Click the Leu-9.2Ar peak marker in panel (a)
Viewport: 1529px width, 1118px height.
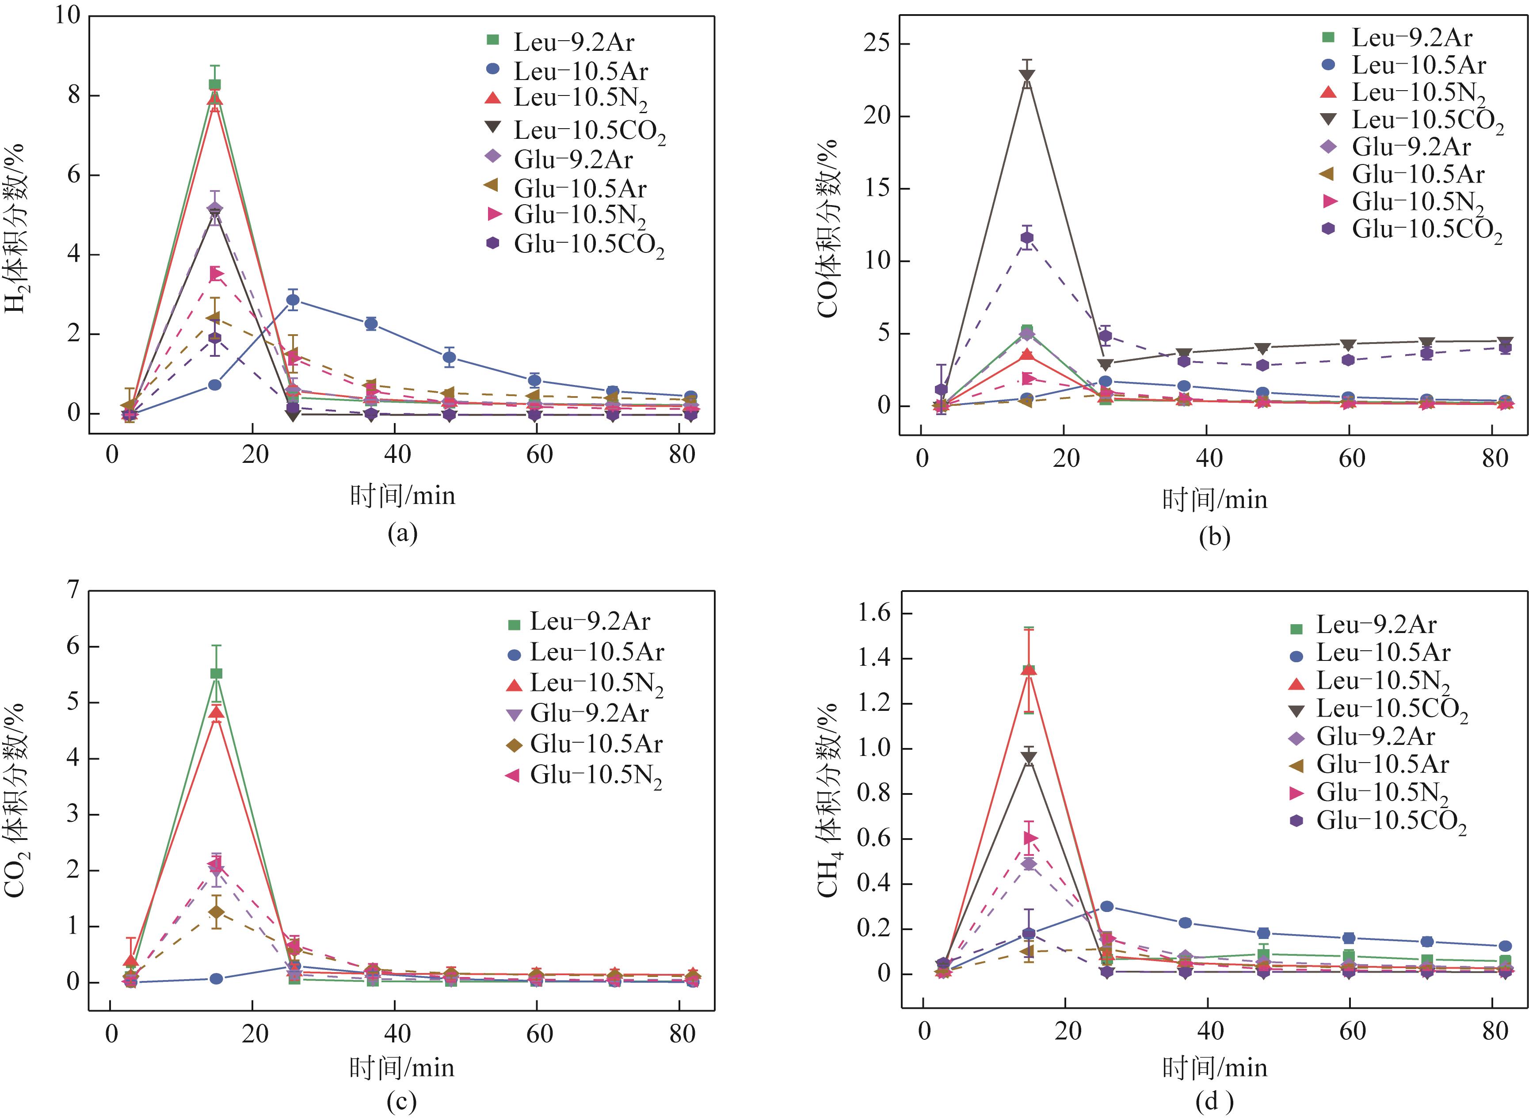tap(214, 84)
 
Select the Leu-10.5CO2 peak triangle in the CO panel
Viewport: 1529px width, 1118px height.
tap(1027, 75)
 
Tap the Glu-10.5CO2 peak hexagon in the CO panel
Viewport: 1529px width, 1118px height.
tap(1027, 237)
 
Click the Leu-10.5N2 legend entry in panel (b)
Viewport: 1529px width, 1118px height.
tap(1407, 93)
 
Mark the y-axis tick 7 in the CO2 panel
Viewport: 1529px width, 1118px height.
tap(73, 590)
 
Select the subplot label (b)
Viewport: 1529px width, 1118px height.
tap(1214, 537)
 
